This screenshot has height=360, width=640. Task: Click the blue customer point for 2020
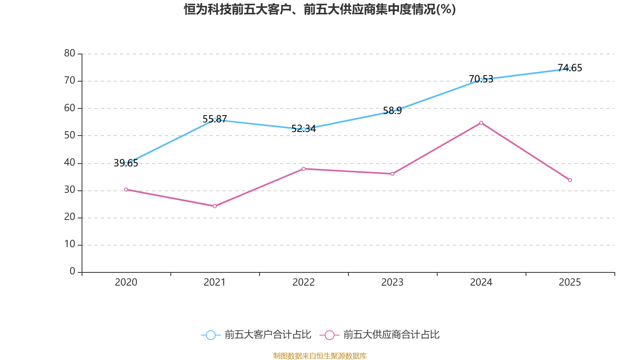click(126, 164)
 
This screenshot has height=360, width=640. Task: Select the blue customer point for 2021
click(215, 120)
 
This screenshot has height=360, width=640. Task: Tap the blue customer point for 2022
click(304, 129)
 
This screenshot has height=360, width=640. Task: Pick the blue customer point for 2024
click(481, 80)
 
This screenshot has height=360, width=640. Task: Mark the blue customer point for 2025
click(570, 68)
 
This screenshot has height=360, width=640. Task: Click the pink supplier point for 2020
click(126, 189)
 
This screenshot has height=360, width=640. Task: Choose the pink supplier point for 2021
click(215, 206)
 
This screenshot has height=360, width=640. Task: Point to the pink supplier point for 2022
click(304, 169)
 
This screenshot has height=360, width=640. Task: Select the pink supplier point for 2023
click(392, 174)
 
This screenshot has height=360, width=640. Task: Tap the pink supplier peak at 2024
click(481, 123)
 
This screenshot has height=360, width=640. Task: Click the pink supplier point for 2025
click(570, 180)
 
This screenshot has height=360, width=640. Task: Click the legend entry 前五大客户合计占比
click(256, 335)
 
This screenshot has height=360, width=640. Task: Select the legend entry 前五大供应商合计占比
click(380, 335)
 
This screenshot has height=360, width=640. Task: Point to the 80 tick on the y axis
click(70, 53)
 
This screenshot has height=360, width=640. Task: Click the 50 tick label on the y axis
click(70, 135)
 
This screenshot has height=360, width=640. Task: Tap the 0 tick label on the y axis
click(72, 272)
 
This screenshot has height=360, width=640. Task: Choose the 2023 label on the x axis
click(392, 282)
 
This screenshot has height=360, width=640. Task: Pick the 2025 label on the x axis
click(570, 282)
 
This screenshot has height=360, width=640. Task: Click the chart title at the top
click(320, 9)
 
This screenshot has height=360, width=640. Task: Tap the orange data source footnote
click(320, 356)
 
